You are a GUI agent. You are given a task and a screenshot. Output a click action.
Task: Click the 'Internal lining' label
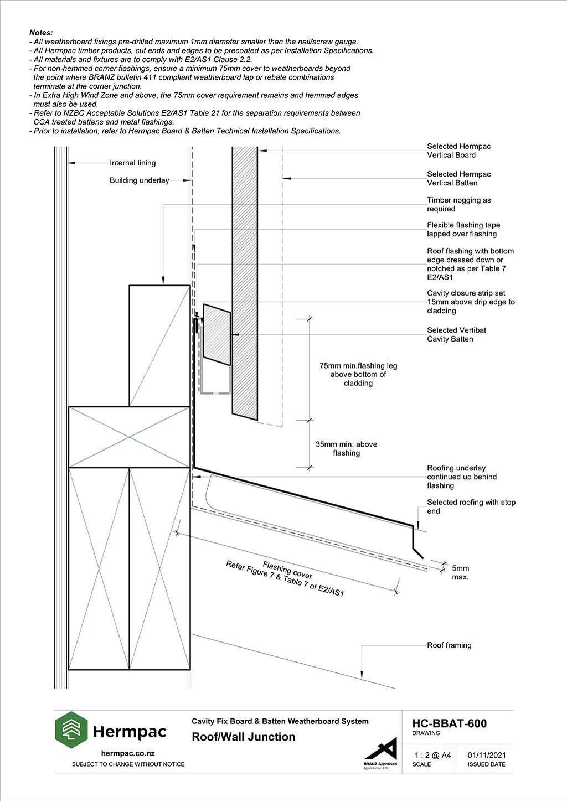(x=132, y=163)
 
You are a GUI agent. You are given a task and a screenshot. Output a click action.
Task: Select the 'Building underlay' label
(x=140, y=180)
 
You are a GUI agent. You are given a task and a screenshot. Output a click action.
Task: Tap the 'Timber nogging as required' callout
(x=459, y=204)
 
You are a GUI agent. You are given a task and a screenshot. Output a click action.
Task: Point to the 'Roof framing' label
(x=449, y=645)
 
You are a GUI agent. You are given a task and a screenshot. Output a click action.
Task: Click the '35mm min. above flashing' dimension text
(x=347, y=449)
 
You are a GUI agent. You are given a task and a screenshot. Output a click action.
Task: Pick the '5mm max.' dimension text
(x=460, y=572)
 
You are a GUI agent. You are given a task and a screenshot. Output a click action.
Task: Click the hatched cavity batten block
(x=217, y=334)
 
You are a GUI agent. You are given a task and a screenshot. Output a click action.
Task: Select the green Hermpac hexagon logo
(x=71, y=729)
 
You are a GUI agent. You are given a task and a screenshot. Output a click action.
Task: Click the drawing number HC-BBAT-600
(x=449, y=723)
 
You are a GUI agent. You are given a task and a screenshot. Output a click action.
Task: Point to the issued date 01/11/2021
(x=486, y=755)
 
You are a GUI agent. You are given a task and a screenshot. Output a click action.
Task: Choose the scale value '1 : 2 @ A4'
(x=432, y=755)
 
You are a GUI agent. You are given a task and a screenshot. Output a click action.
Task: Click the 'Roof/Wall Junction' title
(x=244, y=737)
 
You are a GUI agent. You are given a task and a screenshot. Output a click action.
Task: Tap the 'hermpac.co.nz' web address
(x=128, y=753)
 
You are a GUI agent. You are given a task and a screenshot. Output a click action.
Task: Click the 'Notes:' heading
(x=41, y=33)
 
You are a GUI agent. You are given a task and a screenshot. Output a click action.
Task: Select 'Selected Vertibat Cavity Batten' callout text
(x=456, y=334)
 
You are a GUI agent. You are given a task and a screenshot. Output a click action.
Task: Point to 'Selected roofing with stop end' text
(x=471, y=506)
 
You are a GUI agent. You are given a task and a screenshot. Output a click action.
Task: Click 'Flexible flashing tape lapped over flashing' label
(x=463, y=230)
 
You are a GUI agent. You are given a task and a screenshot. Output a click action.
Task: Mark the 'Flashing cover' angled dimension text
(x=287, y=570)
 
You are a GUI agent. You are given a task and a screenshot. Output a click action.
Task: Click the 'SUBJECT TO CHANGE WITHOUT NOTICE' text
(x=128, y=764)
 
